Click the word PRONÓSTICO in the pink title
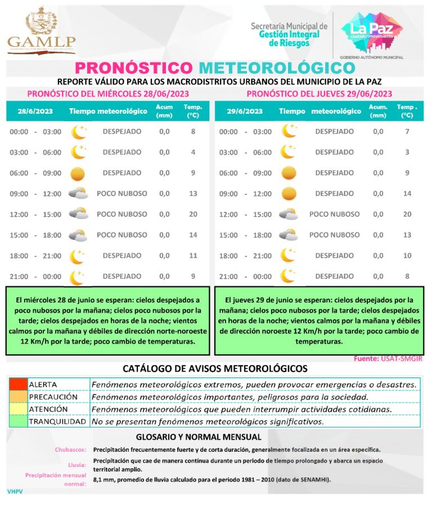134,68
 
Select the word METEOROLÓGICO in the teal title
277,68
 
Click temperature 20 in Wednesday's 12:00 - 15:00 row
193,214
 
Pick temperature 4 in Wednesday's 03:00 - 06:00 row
193,152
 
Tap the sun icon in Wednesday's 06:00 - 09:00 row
78,173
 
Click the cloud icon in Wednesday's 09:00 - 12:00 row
78,194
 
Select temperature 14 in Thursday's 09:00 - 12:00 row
407,194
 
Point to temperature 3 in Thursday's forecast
407,152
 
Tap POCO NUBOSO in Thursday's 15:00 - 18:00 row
334,235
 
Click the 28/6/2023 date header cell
35,111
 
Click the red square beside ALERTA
17,384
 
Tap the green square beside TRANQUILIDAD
17,421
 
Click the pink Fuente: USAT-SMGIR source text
387,358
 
